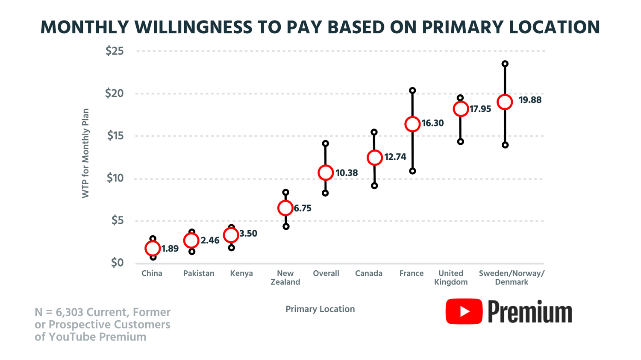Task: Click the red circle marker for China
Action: coord(153,248)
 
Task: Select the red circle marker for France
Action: coord(412,124)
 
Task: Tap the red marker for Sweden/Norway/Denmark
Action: coord(505,102)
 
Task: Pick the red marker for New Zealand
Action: coord(285,208)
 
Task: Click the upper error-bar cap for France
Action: coord(412,91)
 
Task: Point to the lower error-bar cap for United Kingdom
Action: coord(460,142)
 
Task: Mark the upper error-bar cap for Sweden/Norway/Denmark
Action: coord(505,64)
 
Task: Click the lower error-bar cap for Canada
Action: coord(374,186)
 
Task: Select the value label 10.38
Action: coord(347,173)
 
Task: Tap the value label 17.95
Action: coord(480,109)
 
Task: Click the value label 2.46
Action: coord(210,240)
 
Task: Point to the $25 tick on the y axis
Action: coord(115,51)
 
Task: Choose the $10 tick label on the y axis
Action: coord(115,178)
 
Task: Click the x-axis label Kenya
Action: coord(241,273)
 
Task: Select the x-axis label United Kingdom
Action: coord(451,278)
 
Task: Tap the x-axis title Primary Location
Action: coord(320,309)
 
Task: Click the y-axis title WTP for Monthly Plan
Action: coord(85,153)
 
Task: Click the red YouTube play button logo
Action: coord(464,311)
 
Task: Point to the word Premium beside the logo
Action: coord(530,312)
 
